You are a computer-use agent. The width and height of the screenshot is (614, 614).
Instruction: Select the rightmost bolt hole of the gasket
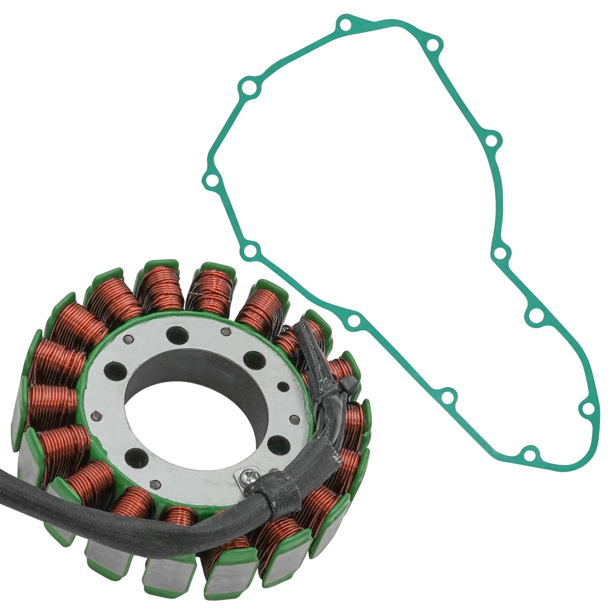point(586,410)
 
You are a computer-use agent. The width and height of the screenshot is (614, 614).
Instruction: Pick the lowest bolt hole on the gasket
point(529,456)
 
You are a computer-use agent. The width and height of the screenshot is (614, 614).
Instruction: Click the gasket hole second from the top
point(433,46)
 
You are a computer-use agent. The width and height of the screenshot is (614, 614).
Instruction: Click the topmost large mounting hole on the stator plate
point(178,335)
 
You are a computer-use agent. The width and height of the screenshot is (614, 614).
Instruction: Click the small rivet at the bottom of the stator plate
point(155,484)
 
